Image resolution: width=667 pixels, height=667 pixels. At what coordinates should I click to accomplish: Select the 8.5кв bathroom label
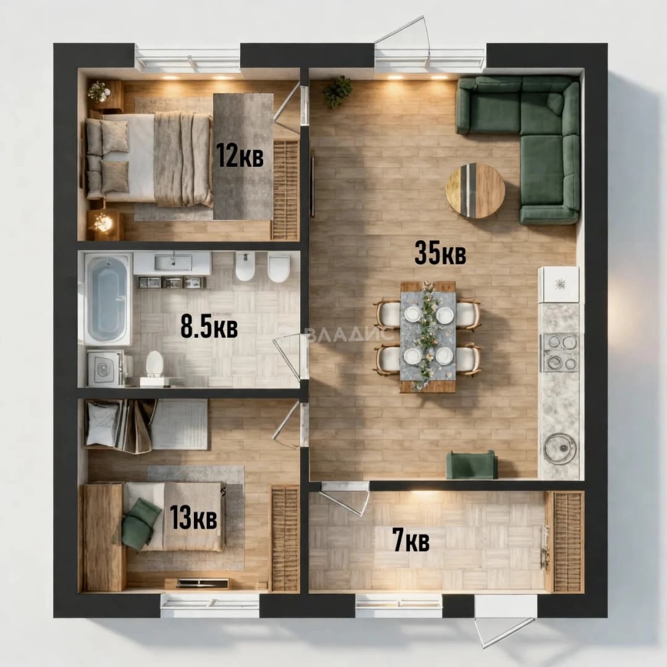[209, 327]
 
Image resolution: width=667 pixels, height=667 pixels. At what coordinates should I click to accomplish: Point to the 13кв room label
[193, 518]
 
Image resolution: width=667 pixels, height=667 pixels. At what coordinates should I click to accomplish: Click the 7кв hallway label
[411, 540]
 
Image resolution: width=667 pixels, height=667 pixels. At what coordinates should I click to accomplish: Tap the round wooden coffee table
[475, 191]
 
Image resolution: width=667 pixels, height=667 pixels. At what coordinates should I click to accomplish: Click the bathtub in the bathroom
[108, 298]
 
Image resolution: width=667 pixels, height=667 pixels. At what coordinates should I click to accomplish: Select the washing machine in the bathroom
[105, 368]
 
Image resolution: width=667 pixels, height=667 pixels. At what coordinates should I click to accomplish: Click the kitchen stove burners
[560, 352]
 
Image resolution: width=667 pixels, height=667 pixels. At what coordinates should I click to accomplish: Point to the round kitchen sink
[560, 448]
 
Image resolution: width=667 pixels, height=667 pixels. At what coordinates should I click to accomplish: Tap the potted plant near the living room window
[338, 91]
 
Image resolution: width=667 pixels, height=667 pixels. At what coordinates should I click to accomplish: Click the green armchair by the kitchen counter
[471, 465]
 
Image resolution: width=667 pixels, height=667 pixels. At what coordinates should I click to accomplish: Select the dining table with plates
[428, 336]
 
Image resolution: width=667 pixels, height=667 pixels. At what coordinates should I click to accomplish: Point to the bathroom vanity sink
[172, 263]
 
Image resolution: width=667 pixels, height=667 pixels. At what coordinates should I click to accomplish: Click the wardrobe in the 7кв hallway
[564, 542]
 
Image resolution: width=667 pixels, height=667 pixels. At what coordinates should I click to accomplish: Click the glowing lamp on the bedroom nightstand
[102, 222]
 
